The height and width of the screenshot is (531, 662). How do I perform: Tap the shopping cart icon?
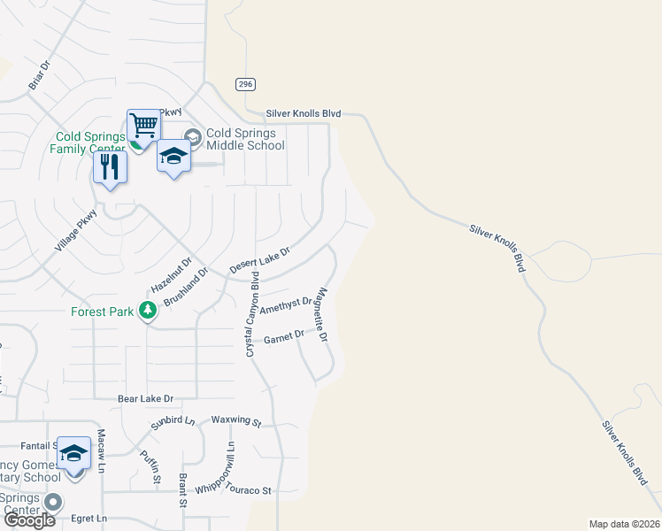coord(143,126)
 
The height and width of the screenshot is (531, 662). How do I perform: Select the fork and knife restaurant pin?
coord(111,166)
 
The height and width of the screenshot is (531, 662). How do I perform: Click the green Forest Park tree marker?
coord(148,311)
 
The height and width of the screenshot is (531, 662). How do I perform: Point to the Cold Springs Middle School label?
coord(245,140)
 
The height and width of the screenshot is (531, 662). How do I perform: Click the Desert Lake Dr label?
coord(259,259)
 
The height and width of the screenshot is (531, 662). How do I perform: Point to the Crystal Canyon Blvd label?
coord(252,314)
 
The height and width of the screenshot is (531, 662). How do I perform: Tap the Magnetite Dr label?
coord(323,316)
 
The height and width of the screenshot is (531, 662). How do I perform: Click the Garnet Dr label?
coord(284,337)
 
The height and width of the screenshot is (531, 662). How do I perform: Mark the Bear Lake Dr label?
coord(145,399)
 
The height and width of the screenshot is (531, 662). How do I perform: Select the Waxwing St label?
coord(236,421)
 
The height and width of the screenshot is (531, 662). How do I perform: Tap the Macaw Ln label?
coord(102,450)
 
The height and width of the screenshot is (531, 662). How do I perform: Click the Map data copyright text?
coord(624,524)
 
